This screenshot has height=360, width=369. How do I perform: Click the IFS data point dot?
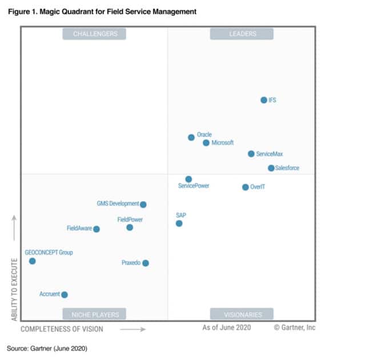263,100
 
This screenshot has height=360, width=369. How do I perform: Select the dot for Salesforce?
271,168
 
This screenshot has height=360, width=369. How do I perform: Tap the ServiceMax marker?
251,154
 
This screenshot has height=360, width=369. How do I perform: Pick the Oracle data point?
191,137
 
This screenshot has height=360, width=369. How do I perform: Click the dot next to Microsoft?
206,143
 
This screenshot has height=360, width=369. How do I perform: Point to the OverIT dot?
245,187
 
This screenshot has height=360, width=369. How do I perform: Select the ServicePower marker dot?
188,179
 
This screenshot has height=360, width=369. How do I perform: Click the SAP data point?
179,223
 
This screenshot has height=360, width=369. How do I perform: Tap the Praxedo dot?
145,263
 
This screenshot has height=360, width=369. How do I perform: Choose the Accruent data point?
65,295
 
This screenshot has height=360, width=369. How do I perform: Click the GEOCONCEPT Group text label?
49,252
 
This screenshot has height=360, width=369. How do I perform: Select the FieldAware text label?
79,229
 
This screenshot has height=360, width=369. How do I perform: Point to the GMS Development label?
118,203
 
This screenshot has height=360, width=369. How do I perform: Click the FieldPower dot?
130,227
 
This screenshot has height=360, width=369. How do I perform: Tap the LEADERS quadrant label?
242,34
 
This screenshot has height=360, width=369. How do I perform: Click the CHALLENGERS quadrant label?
95,34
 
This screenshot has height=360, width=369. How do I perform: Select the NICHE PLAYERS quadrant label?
95,314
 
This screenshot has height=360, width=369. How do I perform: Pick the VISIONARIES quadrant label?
242,314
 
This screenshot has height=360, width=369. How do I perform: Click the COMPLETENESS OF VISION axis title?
62,329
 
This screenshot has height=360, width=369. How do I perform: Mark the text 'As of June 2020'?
227,327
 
